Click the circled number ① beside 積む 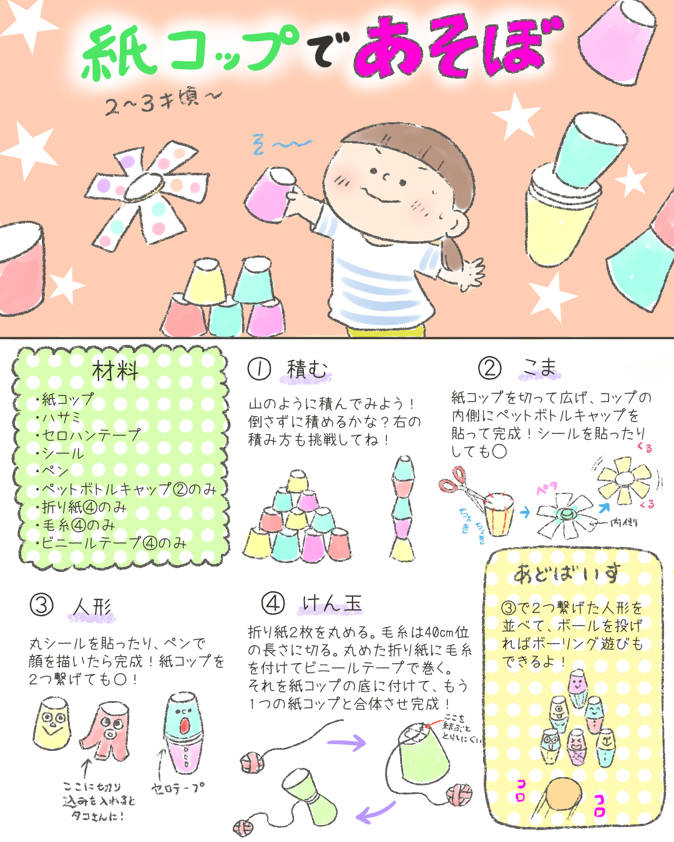(x=259, y=369)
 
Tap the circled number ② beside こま (x=490, y=368)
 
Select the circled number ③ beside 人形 (x=42, y=605)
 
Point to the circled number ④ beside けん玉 (x=273, y=603)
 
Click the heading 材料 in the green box (x=115, y=371)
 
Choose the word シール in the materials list (x=62, y=453)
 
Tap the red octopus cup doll (x=105, y=730)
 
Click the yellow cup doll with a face (x=52, y=723)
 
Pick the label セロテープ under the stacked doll (x=178, y=789)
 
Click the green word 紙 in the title (x=119, y=53)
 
